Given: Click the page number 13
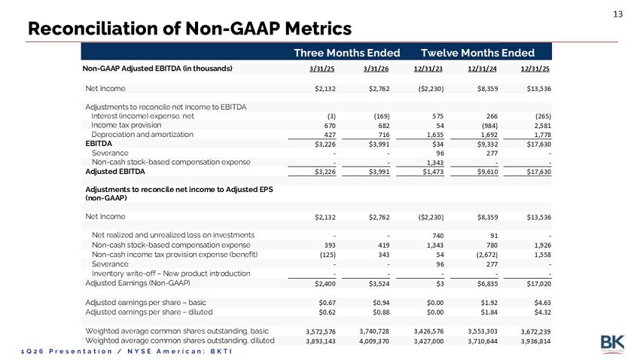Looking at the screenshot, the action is click(617, 14).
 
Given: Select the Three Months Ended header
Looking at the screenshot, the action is click(347, 53).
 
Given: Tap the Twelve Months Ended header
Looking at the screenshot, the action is click(477, 53).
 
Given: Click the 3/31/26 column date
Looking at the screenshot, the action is click(376, 69).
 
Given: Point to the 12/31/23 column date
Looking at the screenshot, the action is click(428, 69).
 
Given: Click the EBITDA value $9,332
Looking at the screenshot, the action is click(488, 144).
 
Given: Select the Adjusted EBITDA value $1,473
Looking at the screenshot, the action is click(433, 172).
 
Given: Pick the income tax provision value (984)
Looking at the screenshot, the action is click(490, 126).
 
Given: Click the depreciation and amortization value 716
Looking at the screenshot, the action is click(384, 135).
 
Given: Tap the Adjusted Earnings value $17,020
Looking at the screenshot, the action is click(539, 284).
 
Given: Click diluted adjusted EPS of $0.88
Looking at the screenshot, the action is click(381, 313).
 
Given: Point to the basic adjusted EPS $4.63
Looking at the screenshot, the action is click(542, 303).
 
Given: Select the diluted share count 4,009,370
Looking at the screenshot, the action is click(374, 341).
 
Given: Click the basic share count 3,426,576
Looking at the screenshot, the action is click(428, 331).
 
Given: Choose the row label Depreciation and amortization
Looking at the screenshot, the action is click(142, 134).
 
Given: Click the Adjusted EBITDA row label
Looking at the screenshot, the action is click(115, 172).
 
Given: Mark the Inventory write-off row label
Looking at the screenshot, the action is click(171, 273).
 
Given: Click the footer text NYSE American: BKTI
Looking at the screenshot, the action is click(180, 352).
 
